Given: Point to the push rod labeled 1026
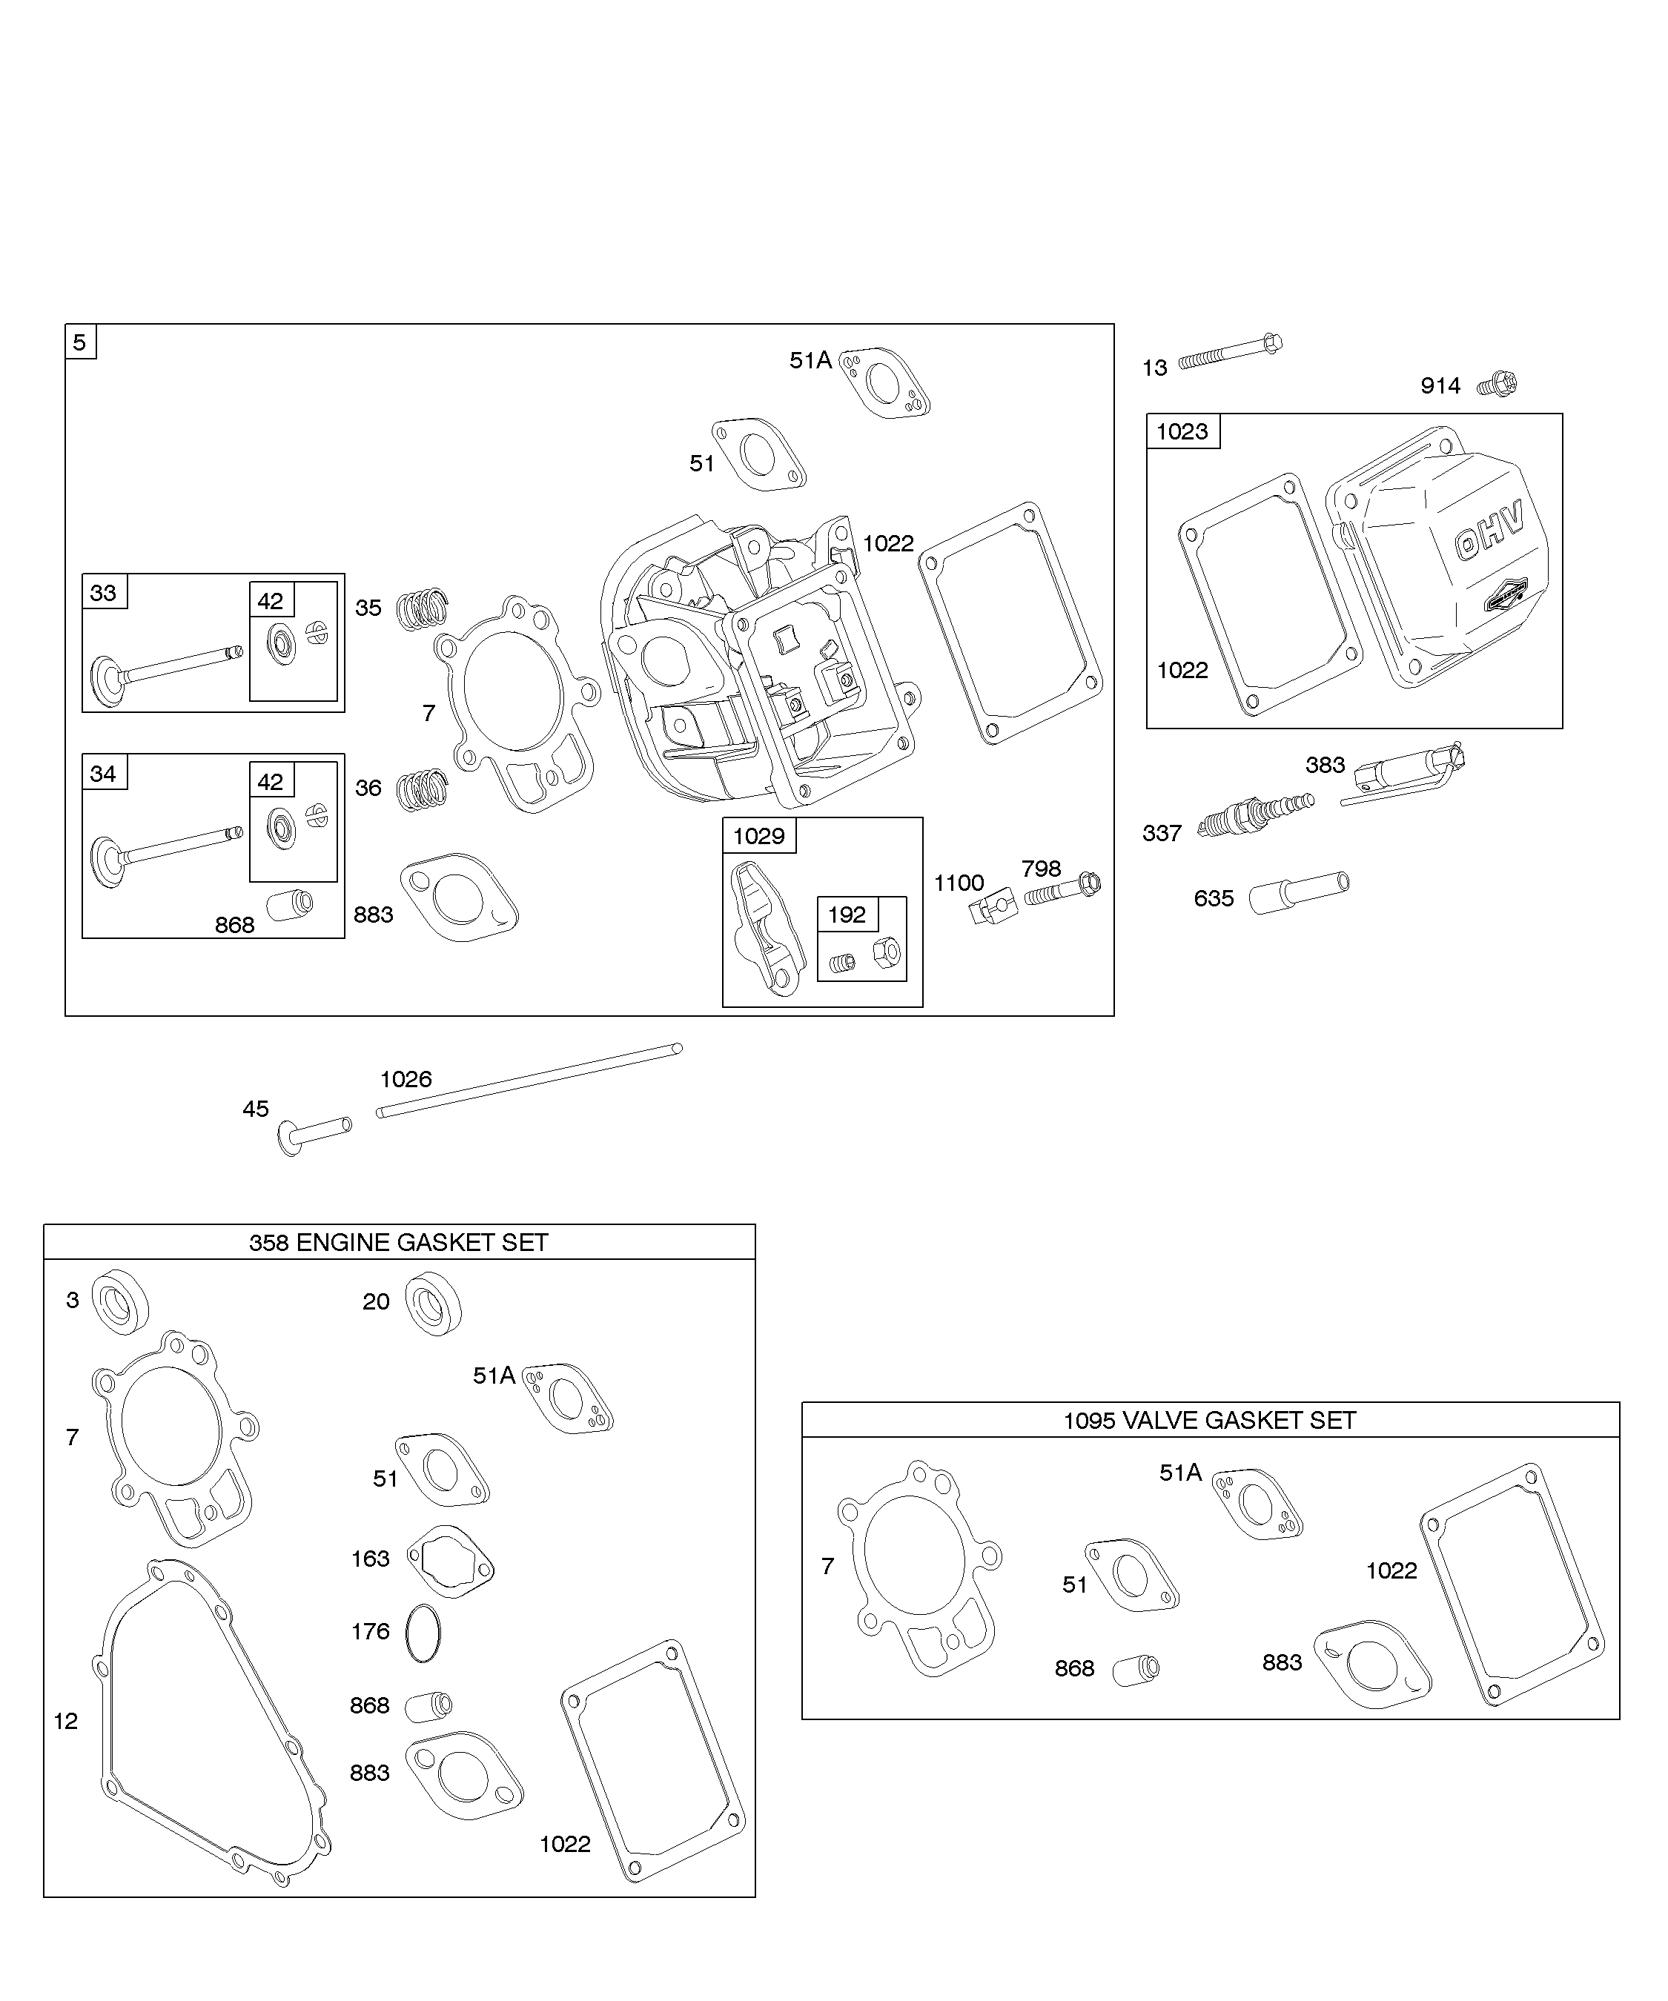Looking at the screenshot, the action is click(530, 1081).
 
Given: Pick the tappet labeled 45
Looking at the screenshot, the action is click(314, 1134).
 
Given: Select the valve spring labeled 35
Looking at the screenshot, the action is click(421, 609).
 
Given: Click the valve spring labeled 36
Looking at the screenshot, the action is click(421, 790).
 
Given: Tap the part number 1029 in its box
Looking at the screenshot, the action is click(758, 836).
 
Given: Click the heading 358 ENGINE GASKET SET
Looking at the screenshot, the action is click(398, 1243).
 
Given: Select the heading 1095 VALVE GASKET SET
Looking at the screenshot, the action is click(1210, 1421).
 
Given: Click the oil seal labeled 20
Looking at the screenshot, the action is click(434, 1304).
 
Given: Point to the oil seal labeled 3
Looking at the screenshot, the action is click(120, 1301).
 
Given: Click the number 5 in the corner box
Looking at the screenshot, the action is click(80, 342).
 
